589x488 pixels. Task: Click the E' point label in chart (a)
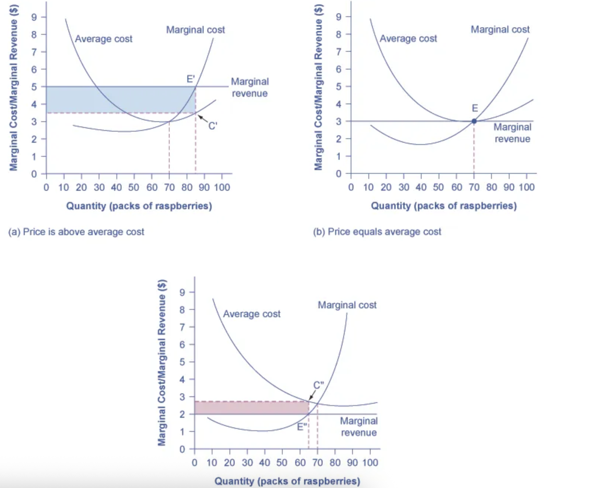(190, 79)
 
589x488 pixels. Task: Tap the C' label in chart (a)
(212, 126)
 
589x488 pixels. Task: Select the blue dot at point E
(474, 121)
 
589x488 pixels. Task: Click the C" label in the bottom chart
(318, 385)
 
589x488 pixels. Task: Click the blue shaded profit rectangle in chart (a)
(111, 99)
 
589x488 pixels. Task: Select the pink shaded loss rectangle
(251, 408)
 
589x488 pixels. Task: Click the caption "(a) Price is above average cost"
(76, 232)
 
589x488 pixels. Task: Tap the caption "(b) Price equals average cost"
(377, 232)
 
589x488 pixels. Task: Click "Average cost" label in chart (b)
(408, 38)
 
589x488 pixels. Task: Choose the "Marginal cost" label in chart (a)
(195, 30)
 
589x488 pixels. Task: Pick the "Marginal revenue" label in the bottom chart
(358, 427)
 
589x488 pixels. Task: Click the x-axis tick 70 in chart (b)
(474, 187)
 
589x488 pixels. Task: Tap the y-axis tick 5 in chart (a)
(34, 87)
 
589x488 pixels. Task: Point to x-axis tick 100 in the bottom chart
(370, 462)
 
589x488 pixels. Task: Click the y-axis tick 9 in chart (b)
(338, 17)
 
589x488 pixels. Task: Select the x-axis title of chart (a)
(139, 206)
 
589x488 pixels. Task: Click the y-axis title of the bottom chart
(161, 362)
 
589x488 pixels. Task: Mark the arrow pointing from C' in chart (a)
(202, 119)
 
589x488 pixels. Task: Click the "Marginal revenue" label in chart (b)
(512, 133)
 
